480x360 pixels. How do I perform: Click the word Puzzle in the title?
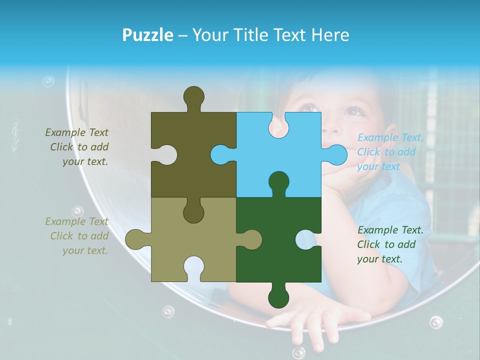point(148,35)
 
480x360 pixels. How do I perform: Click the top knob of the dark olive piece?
point(194,96)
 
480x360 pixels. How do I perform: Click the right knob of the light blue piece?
point(336,154)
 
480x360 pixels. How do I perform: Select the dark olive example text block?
point(78,147)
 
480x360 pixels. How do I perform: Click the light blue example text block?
point(390,152)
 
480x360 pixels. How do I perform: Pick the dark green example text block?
point(390,244)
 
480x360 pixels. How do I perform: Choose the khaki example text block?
point(78,236)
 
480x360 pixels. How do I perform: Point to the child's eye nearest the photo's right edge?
point(353,111)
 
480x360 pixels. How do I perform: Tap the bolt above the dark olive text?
point(48,81)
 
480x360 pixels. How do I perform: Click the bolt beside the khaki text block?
point(77,211)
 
